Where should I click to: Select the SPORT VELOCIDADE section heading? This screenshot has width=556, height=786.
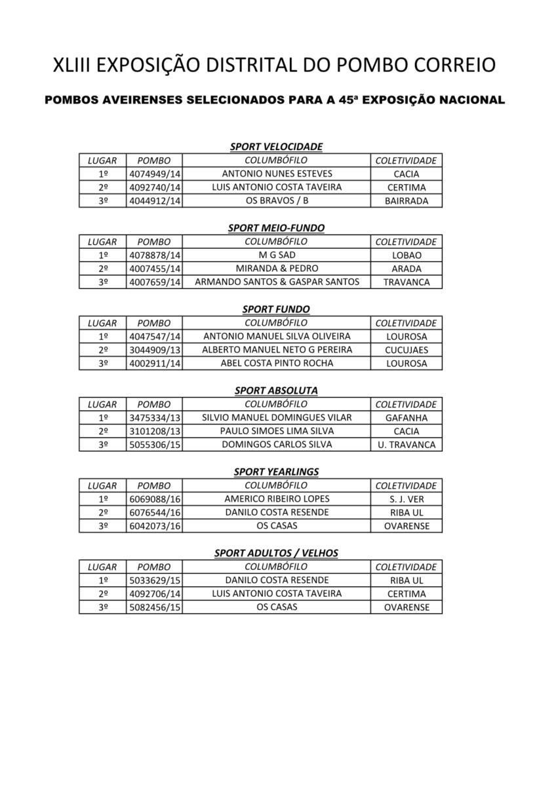pyautogui.click(x=276, y=147)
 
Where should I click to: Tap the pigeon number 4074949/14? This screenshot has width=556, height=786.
pyautogui.click(x=155, y=174)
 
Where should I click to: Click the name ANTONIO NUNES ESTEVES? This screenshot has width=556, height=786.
pyautogui.click(x=277, y=174)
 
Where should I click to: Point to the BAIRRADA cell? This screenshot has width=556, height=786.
pyautogui.click(x=407, y=201)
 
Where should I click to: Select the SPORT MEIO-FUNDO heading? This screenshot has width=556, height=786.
pyautogui.click(x=276, y=228)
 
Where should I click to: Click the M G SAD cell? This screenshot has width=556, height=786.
pyautogui.click(x=277, y=255)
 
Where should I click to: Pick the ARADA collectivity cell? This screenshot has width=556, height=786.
pyautogui.click(x=407, y=269)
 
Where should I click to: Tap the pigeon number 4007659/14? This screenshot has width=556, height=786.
pyautogui.click(x=155, y=282)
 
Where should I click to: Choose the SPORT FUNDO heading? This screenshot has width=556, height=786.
pyautogui.click(x=276, y=309)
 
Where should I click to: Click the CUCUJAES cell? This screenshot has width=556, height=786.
pyautogui.click(x=407, y=350)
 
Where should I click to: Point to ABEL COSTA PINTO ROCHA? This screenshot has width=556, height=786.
pyautogui.click(x=277, y=363)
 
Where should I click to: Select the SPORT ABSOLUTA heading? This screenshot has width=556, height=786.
pyautogui.click(x=276, y=390)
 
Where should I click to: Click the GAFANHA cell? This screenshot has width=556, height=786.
pyautogui.click(x=407, y=418)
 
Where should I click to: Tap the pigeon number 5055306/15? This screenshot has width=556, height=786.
pyautogui.click(x=155, y=445)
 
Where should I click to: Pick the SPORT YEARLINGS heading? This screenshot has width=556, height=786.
pyautogui.click(x=276, y=472)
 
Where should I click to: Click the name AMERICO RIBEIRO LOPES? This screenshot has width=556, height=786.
pyautogui.click(x=277, y=498)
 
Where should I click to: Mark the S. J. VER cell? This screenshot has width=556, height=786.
pyautogui.click(x=407, y=499)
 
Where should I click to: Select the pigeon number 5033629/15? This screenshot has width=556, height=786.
pyautogui.click(x=155, y=580)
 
